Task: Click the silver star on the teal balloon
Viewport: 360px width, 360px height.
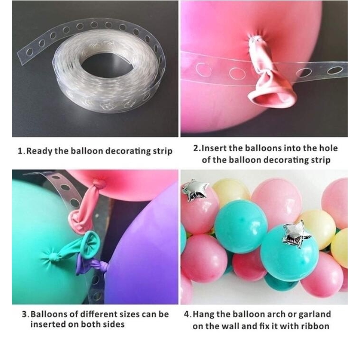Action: point(297,234)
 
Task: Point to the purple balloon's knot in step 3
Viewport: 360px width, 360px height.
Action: point(102,266)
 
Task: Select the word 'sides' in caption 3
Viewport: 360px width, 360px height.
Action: point(114,324)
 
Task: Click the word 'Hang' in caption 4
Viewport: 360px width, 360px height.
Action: point(203,315)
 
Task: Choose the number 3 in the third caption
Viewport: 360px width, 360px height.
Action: point(24,314)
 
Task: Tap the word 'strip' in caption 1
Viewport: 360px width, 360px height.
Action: point(162,152)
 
